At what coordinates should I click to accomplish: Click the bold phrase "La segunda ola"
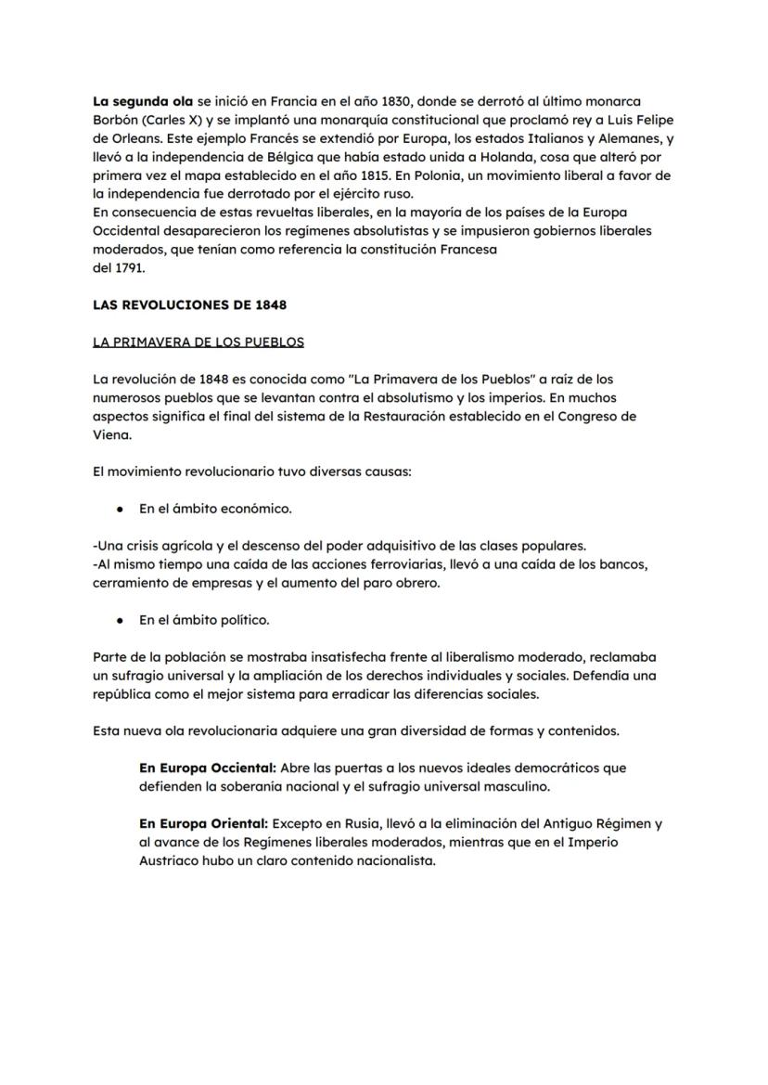click(x=143, y=100)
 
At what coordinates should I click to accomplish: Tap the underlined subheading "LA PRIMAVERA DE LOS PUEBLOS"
click(x=198, y=342)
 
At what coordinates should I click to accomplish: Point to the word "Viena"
click(x=112, y=434)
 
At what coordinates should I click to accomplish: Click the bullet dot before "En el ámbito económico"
click(x=121, y=509)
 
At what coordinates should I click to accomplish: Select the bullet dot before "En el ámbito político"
click(x=121, y=620)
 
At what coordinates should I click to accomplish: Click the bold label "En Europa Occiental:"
click(x=208, y=769)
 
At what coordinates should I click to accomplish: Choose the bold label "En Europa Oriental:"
click(x=203, y=823)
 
